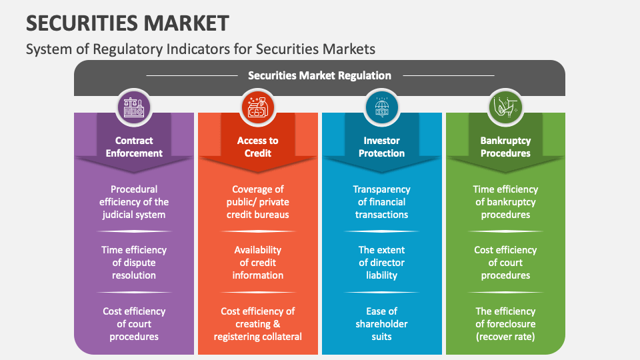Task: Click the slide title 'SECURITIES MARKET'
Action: (x=127, y=23)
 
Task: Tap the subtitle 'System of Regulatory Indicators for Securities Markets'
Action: (x=200, y=49)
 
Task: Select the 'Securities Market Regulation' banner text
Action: (x=319, y=75)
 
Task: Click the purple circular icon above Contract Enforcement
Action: (x=134, y=107)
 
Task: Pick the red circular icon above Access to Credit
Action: (x=257, y=107)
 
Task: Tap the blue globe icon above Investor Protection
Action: (x=382, y=107)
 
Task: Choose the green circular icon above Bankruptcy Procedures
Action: (x=505, y=107)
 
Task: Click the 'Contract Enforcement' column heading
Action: (x=134, y=147)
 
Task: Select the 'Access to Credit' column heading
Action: (x=257, y=147)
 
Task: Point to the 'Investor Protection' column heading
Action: (x=382, y=147)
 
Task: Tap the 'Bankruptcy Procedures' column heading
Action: (x=505, y=147)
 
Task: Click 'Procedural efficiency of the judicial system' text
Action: (x=134, y=202)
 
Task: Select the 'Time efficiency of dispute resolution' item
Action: (x=134, y=263)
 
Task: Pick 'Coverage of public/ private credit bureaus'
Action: (x=258, y=202)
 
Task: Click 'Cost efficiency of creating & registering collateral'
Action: (x=258, y=324)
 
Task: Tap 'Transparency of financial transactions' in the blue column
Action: (x=382, y=202)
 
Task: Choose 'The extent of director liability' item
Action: (x=382, y=263)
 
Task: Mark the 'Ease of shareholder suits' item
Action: (x=382, y=324)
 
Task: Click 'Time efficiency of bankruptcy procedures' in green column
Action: (x=505, y=202)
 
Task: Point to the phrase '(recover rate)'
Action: (x=505, y=337)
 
